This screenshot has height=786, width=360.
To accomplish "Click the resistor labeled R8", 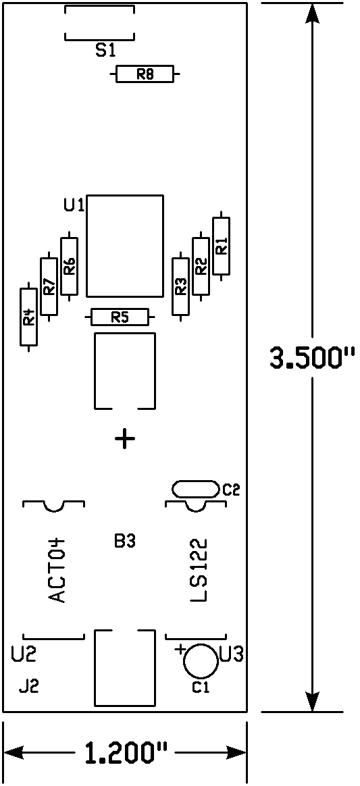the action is pos(145,75).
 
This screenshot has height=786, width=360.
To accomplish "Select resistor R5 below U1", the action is pos(120,317).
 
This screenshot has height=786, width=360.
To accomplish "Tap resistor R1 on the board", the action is pos(221,246).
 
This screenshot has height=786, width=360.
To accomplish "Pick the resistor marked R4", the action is pos(28,317).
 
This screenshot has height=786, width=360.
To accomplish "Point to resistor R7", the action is pos(49,286).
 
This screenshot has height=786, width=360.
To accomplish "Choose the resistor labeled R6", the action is pos(69,266).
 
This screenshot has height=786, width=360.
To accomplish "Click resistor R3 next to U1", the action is pos(180,286).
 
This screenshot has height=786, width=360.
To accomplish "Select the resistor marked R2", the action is pos(201,266).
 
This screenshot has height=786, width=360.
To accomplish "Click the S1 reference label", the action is pos(106,50).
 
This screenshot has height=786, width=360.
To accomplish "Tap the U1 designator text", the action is pos(74,205).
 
